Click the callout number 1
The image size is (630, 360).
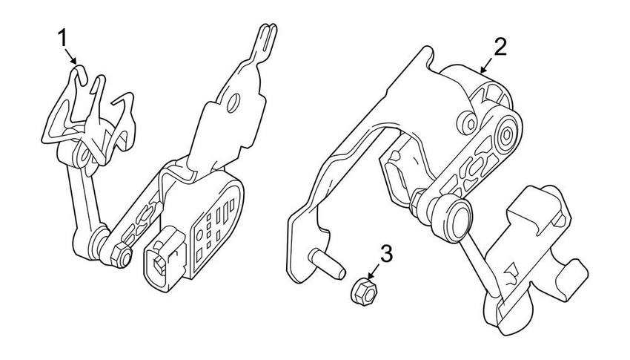click(63, 37)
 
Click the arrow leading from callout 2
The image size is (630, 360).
click(486, 65)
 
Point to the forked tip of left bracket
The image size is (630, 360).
click(266, 35)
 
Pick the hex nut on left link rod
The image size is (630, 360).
click(120, 257)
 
